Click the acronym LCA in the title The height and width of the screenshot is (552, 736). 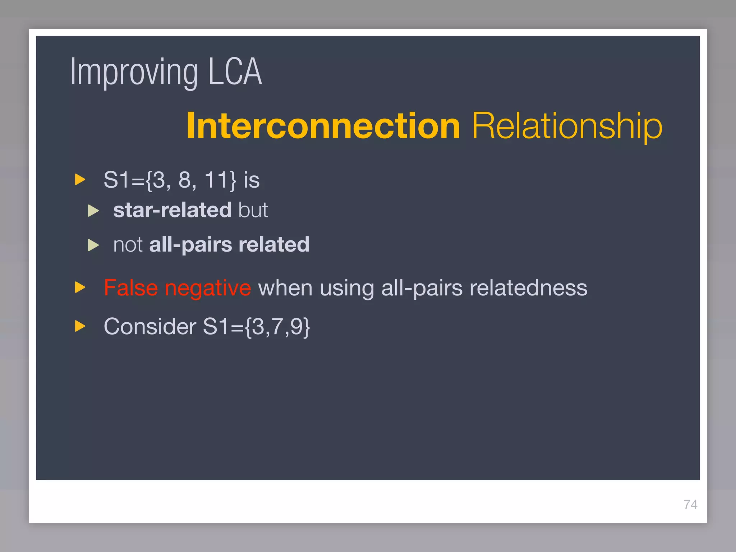point(235,72)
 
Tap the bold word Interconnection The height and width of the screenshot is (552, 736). point(323,126)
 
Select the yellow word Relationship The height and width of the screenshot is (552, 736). point(567,126)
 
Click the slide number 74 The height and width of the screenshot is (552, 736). point(690,505)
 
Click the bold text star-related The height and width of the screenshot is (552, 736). point(172,210)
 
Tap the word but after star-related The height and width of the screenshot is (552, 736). point(253,210)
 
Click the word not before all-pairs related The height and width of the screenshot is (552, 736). point(128,245)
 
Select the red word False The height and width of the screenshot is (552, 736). point(131,288)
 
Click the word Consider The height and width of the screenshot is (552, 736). point(150,326)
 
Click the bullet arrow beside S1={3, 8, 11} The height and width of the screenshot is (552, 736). point(80,179)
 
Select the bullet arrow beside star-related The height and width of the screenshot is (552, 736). point(93,211)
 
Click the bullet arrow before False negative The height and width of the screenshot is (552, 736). point(80,287)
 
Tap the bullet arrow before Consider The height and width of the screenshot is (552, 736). point(80,326)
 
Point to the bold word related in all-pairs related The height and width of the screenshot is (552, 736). point(274,245)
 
